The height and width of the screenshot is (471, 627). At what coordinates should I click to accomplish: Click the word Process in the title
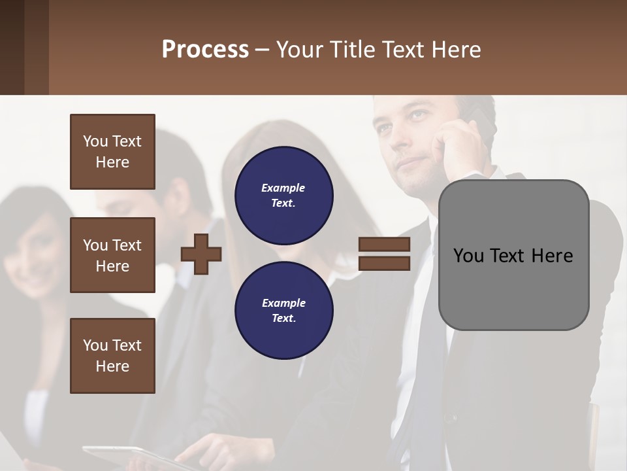tap(205, 50)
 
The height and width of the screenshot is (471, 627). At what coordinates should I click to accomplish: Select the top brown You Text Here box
tap(112, 152)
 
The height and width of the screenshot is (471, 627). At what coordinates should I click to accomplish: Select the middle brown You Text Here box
tap(112, 255)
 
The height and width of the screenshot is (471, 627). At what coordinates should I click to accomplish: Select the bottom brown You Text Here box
tap(112, 356)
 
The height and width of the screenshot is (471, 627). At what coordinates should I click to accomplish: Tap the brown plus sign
tap(201, 254)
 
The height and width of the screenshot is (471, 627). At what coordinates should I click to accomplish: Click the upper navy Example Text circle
tap(284, 195)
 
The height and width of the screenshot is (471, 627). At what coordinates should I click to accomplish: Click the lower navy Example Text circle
tap(284, 310)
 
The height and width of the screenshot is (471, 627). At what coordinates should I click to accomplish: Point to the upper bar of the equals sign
tap(384, 245)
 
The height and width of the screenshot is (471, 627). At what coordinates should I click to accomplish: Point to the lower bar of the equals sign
tap(384, 263)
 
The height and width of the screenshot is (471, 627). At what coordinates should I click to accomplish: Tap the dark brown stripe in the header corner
tap(12, 47)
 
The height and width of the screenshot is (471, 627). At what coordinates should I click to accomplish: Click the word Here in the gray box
tap(553, 256)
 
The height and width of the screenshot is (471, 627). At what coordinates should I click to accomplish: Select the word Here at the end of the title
tap(457, 50)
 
